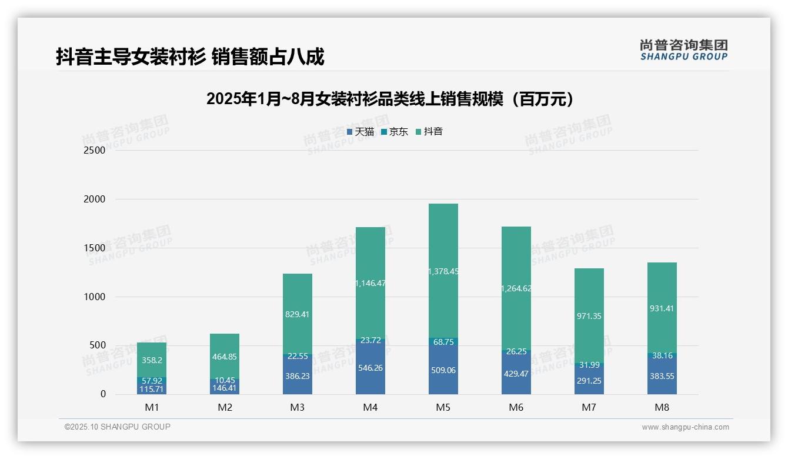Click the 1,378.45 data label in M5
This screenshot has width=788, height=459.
coord(443,271)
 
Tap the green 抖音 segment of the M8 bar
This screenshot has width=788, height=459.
coord(662,308)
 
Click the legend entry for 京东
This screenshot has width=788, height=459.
coord(395,132)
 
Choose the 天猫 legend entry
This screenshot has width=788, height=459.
coord(360,132)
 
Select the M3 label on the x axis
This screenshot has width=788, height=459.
coord(297,407)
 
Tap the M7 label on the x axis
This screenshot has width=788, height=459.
coord(589,407)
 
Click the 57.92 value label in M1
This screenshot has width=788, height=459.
coord(151,381)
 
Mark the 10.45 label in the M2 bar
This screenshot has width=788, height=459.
coord(224,381)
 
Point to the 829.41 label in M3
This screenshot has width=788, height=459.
coord(297,314)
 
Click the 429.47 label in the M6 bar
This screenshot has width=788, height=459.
coord(516,373)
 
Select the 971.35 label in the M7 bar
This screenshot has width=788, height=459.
coord(589,316)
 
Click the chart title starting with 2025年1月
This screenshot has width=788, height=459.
coord(390,99)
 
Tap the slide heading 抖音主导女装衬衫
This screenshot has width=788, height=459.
coord(189,57)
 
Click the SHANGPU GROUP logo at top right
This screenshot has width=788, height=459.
coord(683,49)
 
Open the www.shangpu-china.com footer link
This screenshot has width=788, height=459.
coord(685,427)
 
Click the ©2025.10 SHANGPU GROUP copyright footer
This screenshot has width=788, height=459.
coord(118,427)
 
